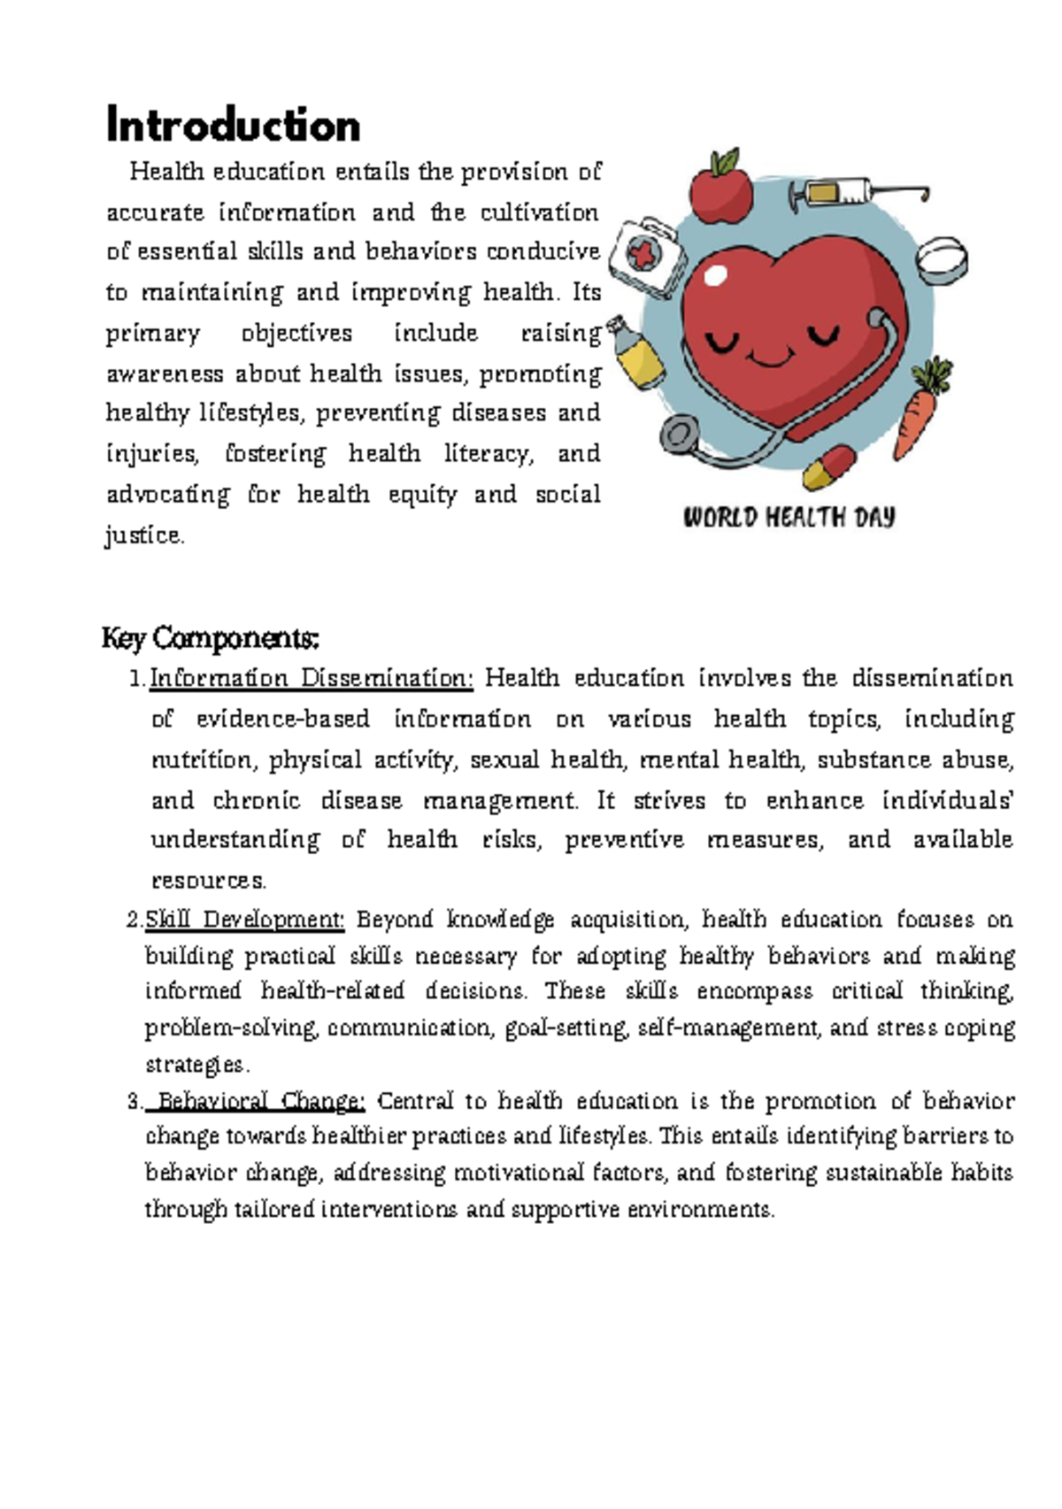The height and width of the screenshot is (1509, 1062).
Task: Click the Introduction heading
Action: [233, 125]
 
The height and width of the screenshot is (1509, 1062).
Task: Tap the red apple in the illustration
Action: [720, 190]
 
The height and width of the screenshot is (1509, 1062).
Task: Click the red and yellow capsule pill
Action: [828, 467]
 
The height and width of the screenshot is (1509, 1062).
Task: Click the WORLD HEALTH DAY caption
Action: [789, 517]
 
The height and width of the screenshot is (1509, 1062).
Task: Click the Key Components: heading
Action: [210, 637]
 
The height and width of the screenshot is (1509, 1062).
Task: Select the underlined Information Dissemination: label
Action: [312, 678]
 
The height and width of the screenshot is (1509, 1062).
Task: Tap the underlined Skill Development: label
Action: [244, 920]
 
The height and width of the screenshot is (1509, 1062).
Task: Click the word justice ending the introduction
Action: [144, 535]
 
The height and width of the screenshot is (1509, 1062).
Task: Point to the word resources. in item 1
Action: [209, 881]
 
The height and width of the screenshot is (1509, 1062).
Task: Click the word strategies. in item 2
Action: [197, 1064]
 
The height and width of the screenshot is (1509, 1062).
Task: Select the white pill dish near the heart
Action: [941, 258]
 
